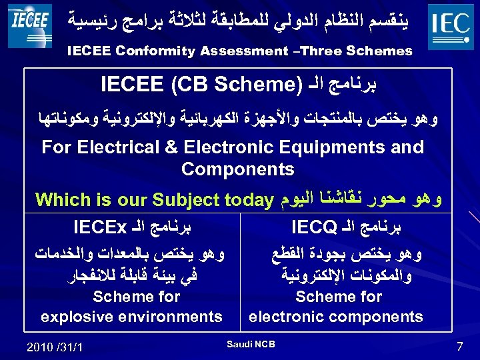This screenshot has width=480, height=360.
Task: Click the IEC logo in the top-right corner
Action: click(x=451, y=26)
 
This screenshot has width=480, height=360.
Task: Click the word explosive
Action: click(x=75, y=316)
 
